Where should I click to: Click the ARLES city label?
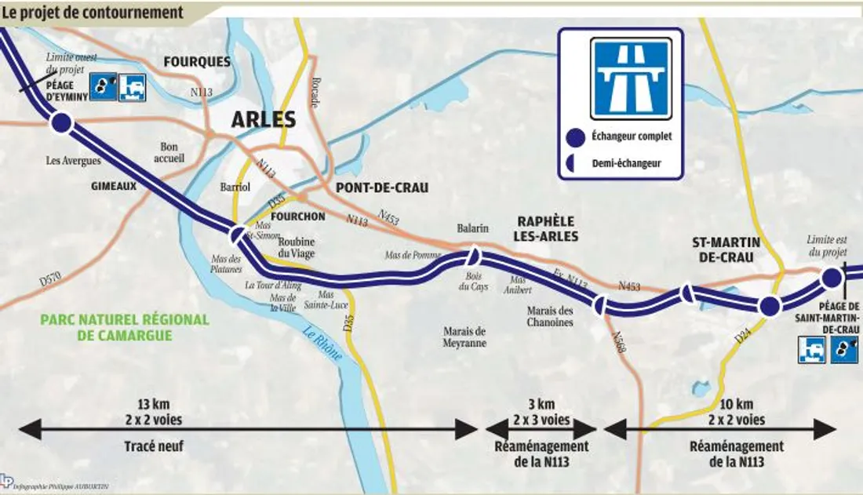pos(263,120)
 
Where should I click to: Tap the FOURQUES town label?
pos(196,61)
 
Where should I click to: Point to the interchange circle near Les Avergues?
pos(61,123)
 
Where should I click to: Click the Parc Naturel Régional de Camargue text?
pos(125,328)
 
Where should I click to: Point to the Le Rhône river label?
pos(322,343)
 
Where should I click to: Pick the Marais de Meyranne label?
pos(464,337)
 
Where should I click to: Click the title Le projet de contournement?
pos(93,13)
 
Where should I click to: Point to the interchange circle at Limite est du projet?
pos(831,277)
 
